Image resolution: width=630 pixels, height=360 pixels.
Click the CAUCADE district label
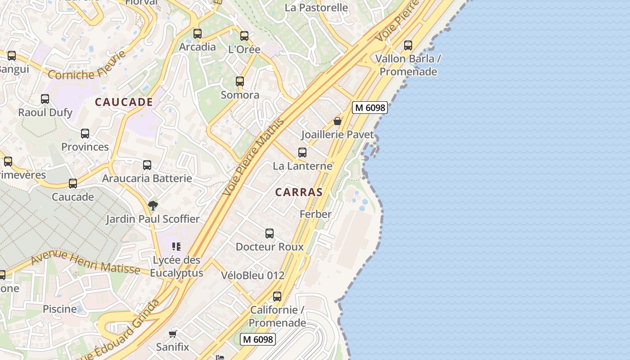pos(124,102)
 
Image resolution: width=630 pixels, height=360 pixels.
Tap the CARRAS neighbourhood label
pos(299,192)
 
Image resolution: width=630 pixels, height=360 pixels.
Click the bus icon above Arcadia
pos(198,34)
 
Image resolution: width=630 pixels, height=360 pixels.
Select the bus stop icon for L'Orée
pos(244,36)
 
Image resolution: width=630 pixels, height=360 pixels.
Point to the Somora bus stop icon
pos(240,81)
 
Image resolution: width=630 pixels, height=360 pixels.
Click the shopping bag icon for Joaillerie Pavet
pos(337,121)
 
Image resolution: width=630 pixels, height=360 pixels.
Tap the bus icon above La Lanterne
pos(302,153)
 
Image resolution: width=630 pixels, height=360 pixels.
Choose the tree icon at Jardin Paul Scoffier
pos(153,206)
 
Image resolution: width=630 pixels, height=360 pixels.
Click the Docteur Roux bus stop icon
pos(270,234)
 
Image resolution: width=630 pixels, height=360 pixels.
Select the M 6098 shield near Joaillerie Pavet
pos(369,108)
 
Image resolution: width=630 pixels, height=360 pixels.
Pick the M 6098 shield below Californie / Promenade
pos(257,339)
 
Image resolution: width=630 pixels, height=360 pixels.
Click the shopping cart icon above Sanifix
pos(172,333)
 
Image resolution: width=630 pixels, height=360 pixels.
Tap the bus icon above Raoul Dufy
pos(45,99)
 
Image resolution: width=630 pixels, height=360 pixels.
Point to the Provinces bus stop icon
pos(85,134)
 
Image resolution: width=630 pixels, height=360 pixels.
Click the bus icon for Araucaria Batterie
pos(147,165)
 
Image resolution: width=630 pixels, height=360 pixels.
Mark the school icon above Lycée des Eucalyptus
pos(176,247)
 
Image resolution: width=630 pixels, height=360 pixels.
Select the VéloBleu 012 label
pos(252,275)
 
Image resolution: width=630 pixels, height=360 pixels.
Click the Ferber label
pos(315,214)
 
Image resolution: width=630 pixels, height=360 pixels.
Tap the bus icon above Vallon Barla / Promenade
pos(408,45)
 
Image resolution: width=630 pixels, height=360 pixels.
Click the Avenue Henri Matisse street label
pos(85,262)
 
